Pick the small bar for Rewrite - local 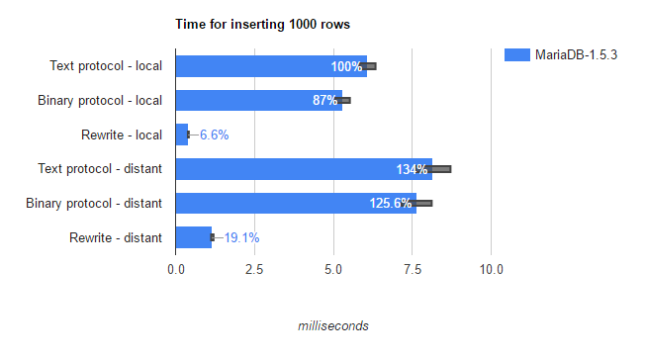[181, 135]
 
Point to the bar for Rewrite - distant [193, 237]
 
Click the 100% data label [346, 66]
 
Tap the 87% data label [324, 101]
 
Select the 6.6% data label [214, 135]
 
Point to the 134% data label [412, 169]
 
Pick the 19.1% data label [241, 237]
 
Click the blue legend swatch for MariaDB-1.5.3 [517, 55]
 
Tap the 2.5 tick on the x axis [254, 269]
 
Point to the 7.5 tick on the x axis [413, 269]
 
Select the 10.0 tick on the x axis [491, 269]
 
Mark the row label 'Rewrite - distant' [116, 237]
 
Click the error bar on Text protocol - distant [441, 169]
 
